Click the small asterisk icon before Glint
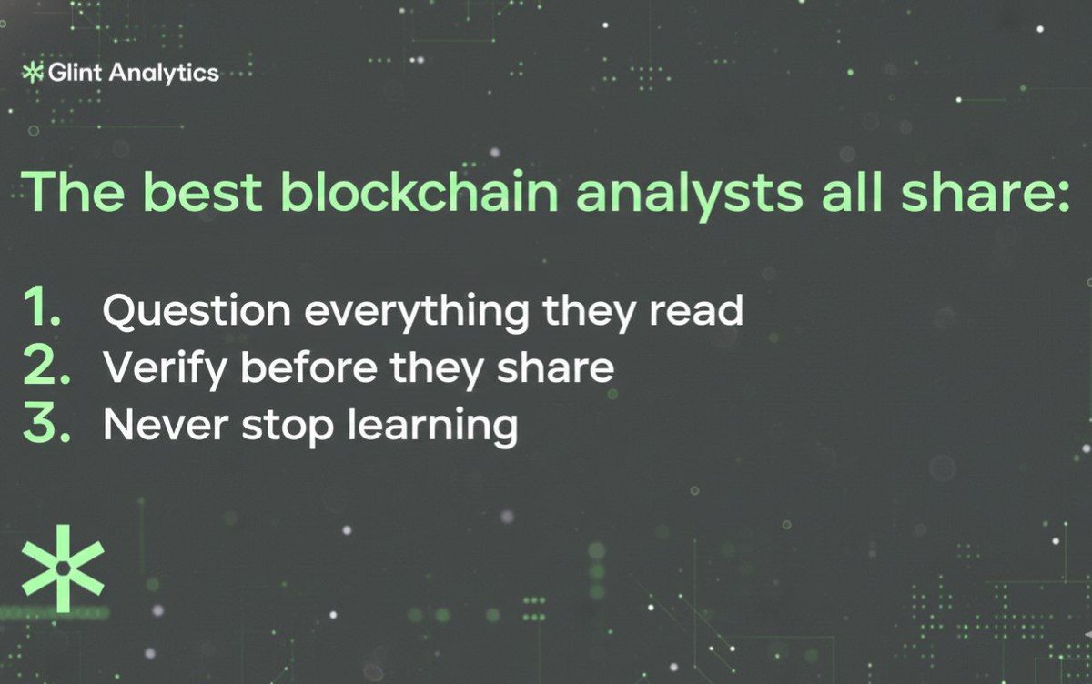(33, 73)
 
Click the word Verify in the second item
(156, 368)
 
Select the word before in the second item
(290, 368)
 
